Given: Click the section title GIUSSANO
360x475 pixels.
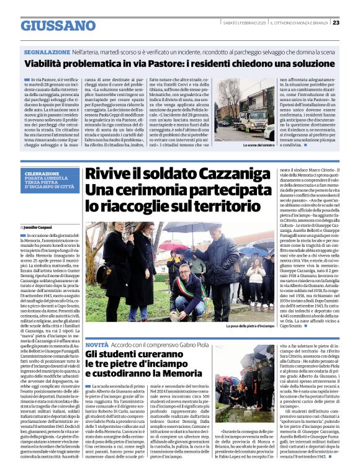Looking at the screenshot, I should click(x=58, y=25).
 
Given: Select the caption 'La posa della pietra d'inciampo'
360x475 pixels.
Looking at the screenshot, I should click(x=250, y=326).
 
